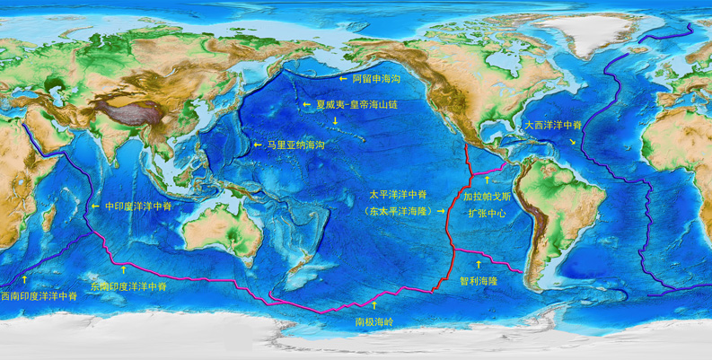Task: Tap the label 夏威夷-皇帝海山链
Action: pos(356,104)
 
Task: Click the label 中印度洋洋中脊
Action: pos(138,206)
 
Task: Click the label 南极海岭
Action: pos(374,320)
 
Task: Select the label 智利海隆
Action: pos(478,281)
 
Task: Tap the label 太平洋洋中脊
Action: pos(398,194)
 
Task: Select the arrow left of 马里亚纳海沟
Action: pos(258,145)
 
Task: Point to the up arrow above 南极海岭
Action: pos(374,305)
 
